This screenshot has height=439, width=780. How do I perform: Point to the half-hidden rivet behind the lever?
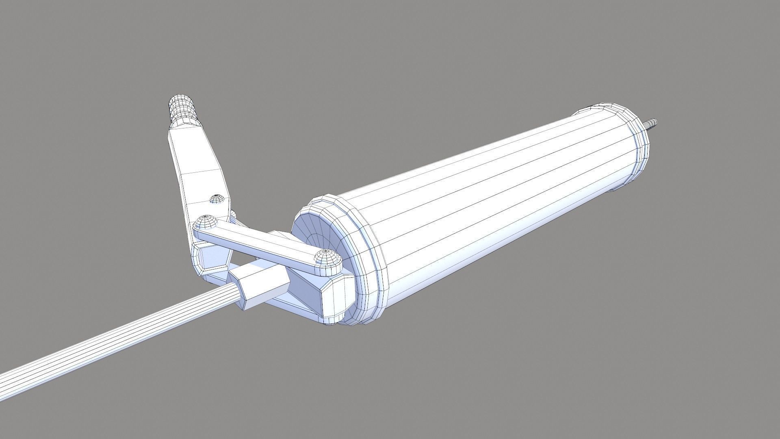pos(233,214)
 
